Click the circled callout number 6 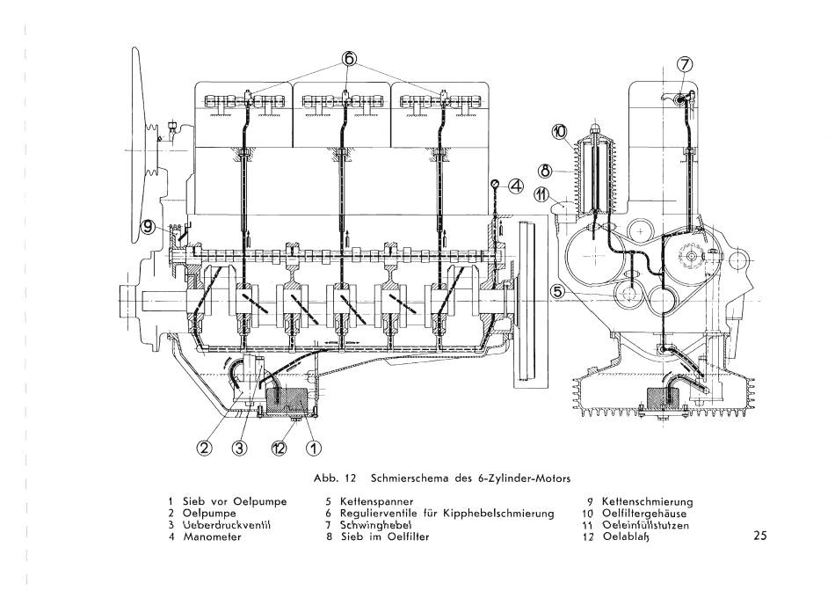coord(349,58)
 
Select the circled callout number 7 coord(685,64)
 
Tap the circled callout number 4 coord(516,186)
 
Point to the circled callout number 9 coord(148,228)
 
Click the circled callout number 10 coord(560,132)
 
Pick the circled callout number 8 coord(545,171)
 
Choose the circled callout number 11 coord(541,195)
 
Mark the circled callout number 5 coord(557,291)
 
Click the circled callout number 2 coord(206,449)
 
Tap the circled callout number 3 coord(240,449)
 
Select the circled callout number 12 coord(279,449)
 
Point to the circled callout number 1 coord(313,449)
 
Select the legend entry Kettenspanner coord(376,501)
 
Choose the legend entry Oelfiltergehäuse coord(644,514)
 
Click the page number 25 coord(760,536)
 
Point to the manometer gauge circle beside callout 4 coord(496,184)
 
